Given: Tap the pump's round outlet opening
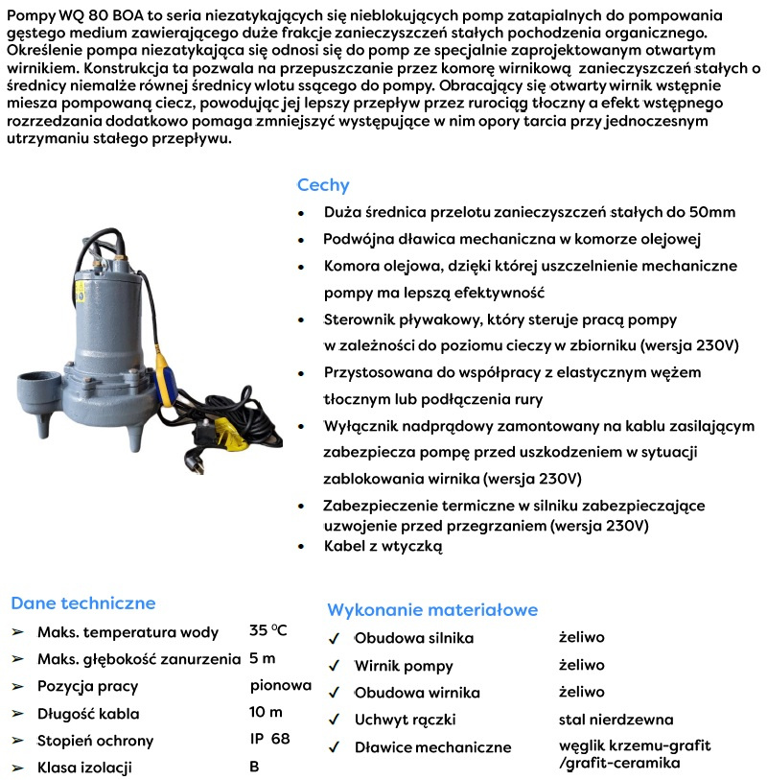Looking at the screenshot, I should (38, 379).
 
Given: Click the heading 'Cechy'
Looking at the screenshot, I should (323, 185).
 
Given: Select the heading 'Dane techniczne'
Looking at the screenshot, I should (82, 603).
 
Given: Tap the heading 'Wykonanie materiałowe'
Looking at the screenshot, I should (432, 610).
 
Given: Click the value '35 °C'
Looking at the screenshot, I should (268, 630).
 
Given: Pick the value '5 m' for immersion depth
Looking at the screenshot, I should (263, 658).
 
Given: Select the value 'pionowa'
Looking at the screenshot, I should (280, 685).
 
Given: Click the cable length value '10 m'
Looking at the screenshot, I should (266, 712).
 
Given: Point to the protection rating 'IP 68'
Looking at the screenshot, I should (269, 739).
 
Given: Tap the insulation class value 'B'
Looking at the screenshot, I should (254, 766).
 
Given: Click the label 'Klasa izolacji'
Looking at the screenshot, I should (84, 767).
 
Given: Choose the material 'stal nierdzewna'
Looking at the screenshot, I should (616, 719).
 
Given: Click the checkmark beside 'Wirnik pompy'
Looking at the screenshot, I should (334, 665).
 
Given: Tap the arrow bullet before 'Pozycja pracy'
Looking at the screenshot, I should (16, 686).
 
